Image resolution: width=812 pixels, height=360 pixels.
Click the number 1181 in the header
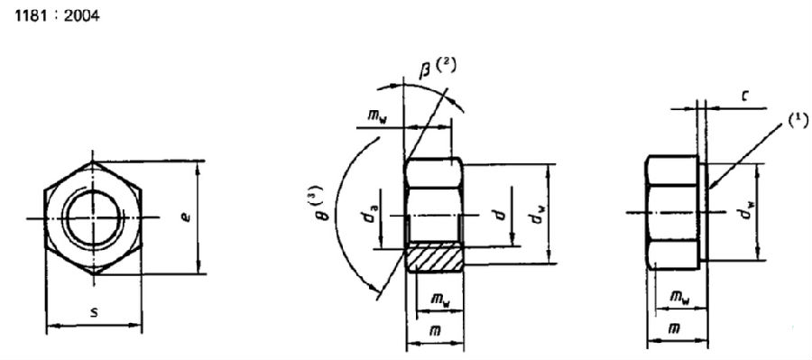[31, 16]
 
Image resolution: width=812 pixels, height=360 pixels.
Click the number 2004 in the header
[82, 16]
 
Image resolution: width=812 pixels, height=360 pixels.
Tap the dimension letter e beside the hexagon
[187, 216]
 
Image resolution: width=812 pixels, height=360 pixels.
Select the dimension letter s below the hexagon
[94, 312]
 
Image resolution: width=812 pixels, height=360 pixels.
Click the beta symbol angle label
[424, 70]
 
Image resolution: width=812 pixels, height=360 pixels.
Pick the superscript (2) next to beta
[446, 66]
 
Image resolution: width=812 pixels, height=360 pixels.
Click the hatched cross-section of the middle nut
[435, 259]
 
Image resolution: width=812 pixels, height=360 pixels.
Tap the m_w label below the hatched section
[440, 300]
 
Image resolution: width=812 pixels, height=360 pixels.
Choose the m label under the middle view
[436, 330]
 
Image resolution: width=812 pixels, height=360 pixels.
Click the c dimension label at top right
[743, 97]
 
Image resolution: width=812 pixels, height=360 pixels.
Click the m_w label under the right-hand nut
[679, 297]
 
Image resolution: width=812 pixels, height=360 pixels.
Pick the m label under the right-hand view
[673, 328]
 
